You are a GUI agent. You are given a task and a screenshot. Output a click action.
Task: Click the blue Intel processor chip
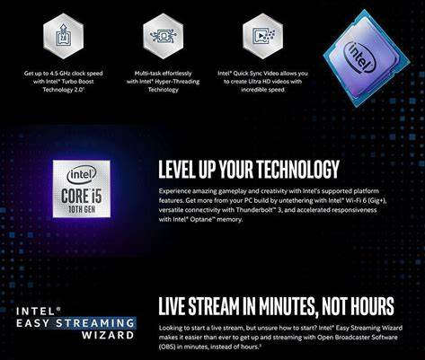tap(366, 56)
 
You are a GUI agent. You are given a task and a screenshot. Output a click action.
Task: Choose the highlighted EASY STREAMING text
tap(87, 323)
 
